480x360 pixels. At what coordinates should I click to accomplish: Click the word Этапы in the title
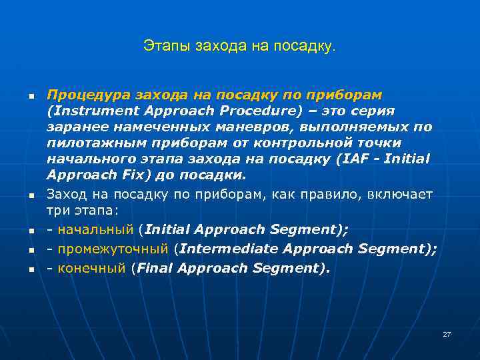pyautogui.click(x=162, y=46)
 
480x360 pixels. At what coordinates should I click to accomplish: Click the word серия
pyautogui.click(x=373, y=111)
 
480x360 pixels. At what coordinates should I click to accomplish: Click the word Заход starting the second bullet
pyautogui.click(x=66, y=194)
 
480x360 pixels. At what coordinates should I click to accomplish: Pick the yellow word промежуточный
pyautogui.click(x=112, y=249)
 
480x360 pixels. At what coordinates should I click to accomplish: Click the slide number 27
pyautogui.click(x=447, y=334)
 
